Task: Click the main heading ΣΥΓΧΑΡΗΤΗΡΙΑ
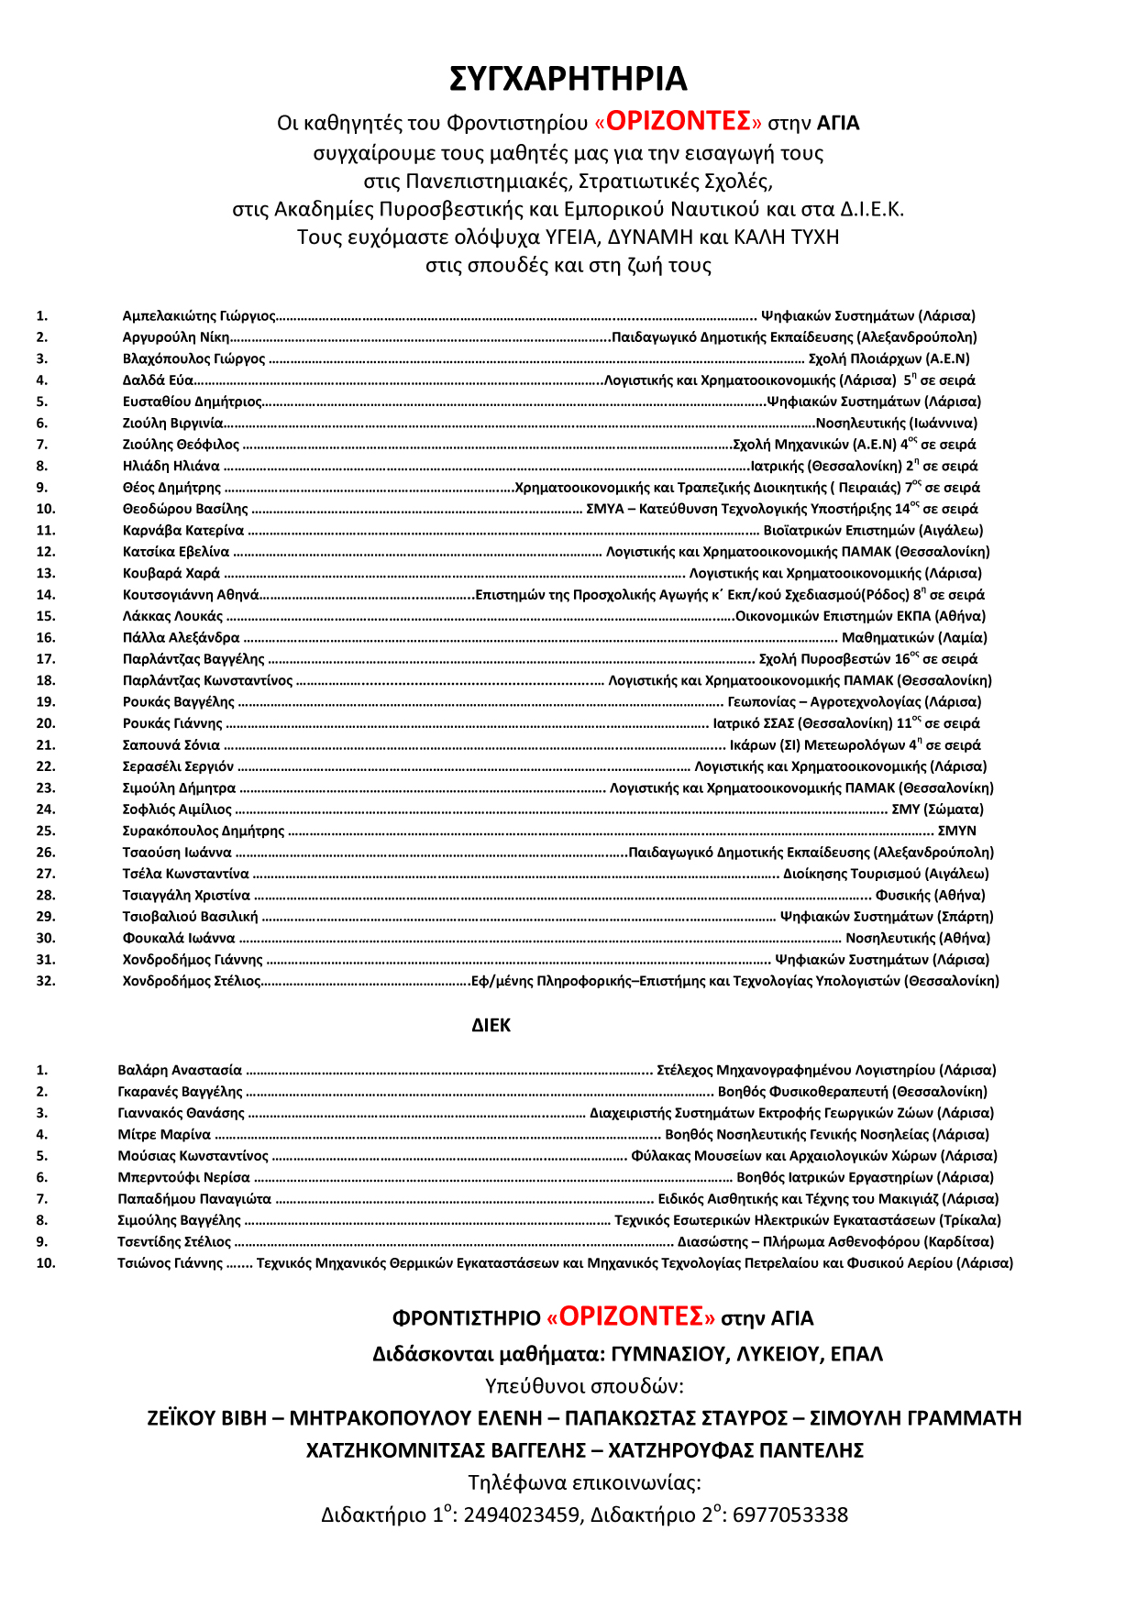(x=568, y=79)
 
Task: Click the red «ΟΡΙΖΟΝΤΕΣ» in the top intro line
(x=678, y=122)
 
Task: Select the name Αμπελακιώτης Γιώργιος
(x=199, y=316)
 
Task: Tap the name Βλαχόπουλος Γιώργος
(x=193, y=359)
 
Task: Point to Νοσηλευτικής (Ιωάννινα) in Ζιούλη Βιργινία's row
(x=896, y=424)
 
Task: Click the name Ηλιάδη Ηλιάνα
(x=171, y=467)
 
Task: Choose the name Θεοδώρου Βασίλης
(x=185, y=509)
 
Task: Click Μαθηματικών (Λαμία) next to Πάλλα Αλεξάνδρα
(x=914, y=638)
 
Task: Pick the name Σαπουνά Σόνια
(x=171, y=745)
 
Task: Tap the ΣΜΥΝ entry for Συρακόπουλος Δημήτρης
(x=956, y=832)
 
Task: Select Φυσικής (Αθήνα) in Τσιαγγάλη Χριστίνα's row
(x=930, y=896)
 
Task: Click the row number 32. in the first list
(x=46, y=981)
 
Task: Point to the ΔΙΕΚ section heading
(x=491, y=1026)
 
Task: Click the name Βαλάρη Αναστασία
(x=180, y=1071)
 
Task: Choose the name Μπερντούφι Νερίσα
(x=183, y=1178)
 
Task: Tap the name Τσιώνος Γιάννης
(x=170, y=1263)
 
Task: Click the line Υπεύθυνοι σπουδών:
(x=584, y=1386)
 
